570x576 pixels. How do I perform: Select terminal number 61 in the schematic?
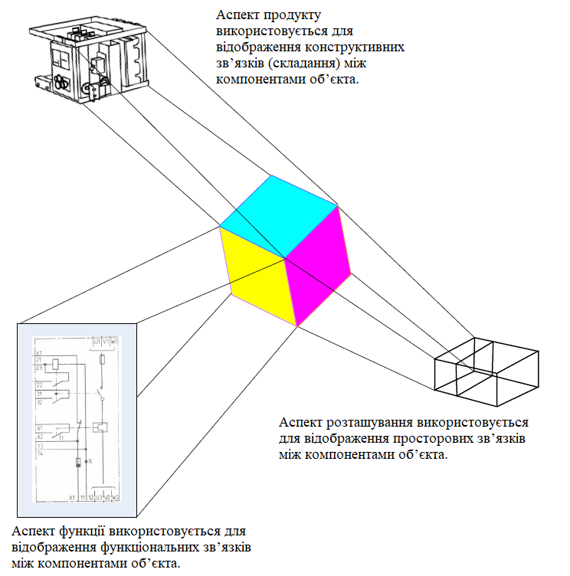tap(38, 427)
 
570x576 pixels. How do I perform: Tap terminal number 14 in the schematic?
tap(38, 454)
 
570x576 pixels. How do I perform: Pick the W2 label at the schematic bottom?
tap(116, 498)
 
